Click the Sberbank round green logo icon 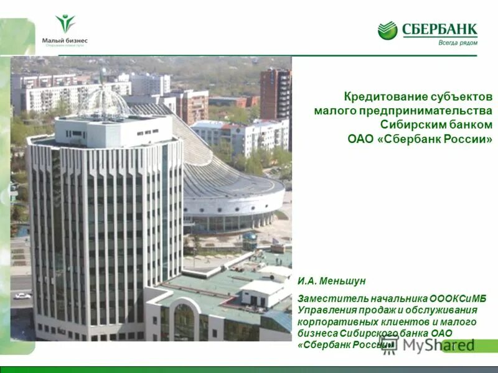click(x=387, y=30)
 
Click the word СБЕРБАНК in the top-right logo click(x=439, y=29)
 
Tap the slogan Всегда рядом click(x=458, y=42)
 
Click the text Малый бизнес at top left click(x=65, y=40)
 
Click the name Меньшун click(x=343, y=281)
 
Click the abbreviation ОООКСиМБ click(x=458, y=298)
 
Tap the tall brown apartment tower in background click(x=275, y=93)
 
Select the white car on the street click(x=22, y=296)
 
